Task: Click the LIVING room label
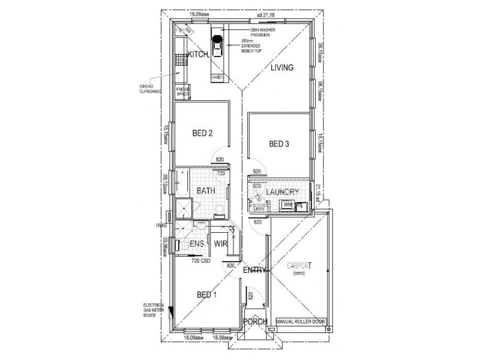[x=281, y=68]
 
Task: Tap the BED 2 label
[x=202, y=133]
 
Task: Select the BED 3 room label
[x=279, y=144]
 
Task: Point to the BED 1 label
[x=206, y=295]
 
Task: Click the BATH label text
[x=206, y=191]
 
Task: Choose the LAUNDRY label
[x=283, y=191]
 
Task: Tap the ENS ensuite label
[x=197, y=244]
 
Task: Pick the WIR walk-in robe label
[x=220, y=244]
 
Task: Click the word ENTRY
[x=254, y=271]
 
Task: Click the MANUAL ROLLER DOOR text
[x=300, y=322]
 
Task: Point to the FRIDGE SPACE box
[x=182, y=92]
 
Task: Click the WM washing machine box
[x=287, y=205]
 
